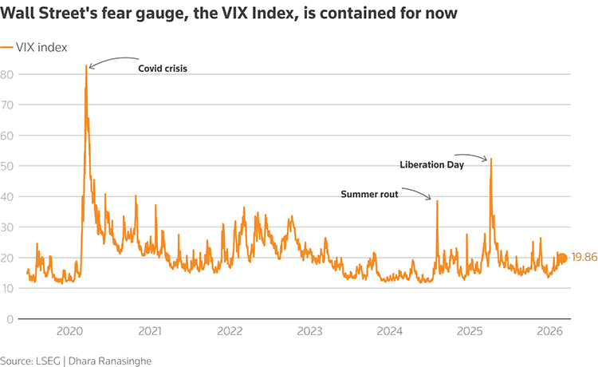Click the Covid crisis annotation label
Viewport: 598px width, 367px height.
162,69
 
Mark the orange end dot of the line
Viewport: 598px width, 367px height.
561,258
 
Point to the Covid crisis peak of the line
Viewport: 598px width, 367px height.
86,65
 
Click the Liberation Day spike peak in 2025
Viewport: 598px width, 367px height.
491,158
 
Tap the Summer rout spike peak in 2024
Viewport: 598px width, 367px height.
437,200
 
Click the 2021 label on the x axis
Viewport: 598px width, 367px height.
150,331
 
